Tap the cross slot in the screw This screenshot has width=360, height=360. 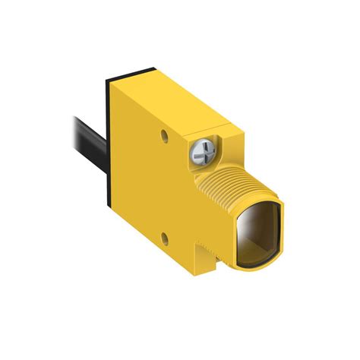[x=204, y=153]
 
